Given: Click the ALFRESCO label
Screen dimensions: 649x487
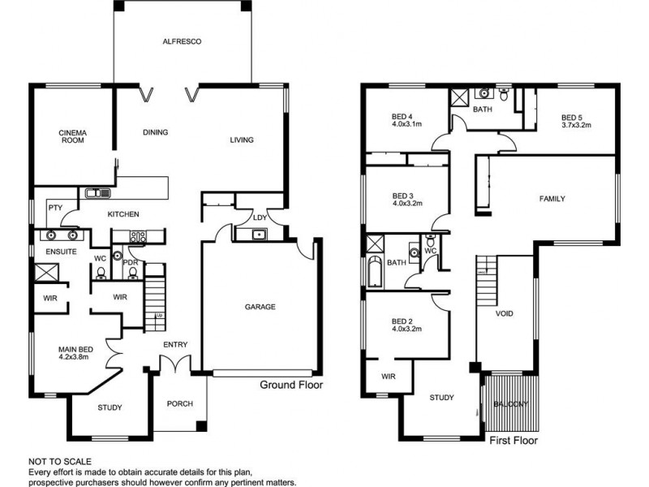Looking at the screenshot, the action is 182,41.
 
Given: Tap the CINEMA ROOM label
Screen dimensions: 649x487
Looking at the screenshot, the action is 72,136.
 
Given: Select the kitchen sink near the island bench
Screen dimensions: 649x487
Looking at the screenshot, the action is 98,193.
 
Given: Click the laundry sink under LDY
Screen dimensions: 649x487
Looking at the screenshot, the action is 260,235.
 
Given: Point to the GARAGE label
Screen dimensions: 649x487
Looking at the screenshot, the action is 260,307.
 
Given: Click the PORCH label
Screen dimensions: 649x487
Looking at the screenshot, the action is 179,403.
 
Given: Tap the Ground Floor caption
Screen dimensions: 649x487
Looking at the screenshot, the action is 291,385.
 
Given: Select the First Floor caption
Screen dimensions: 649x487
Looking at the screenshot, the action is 514,440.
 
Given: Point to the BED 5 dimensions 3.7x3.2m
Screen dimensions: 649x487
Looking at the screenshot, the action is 576,125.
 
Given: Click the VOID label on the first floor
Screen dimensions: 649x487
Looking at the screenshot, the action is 504,313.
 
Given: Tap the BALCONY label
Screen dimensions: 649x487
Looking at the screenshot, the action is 511,403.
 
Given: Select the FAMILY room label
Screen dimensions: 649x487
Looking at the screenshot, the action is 552,199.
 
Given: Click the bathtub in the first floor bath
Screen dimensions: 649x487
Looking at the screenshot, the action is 375,272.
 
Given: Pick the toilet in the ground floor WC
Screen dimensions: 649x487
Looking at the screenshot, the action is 101,273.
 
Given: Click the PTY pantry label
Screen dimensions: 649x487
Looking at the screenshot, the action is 55,208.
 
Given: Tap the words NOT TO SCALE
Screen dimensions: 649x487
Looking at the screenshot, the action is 60,461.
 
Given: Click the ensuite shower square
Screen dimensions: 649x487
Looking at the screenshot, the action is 46,272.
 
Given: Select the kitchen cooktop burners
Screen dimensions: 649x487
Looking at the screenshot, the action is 138,237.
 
